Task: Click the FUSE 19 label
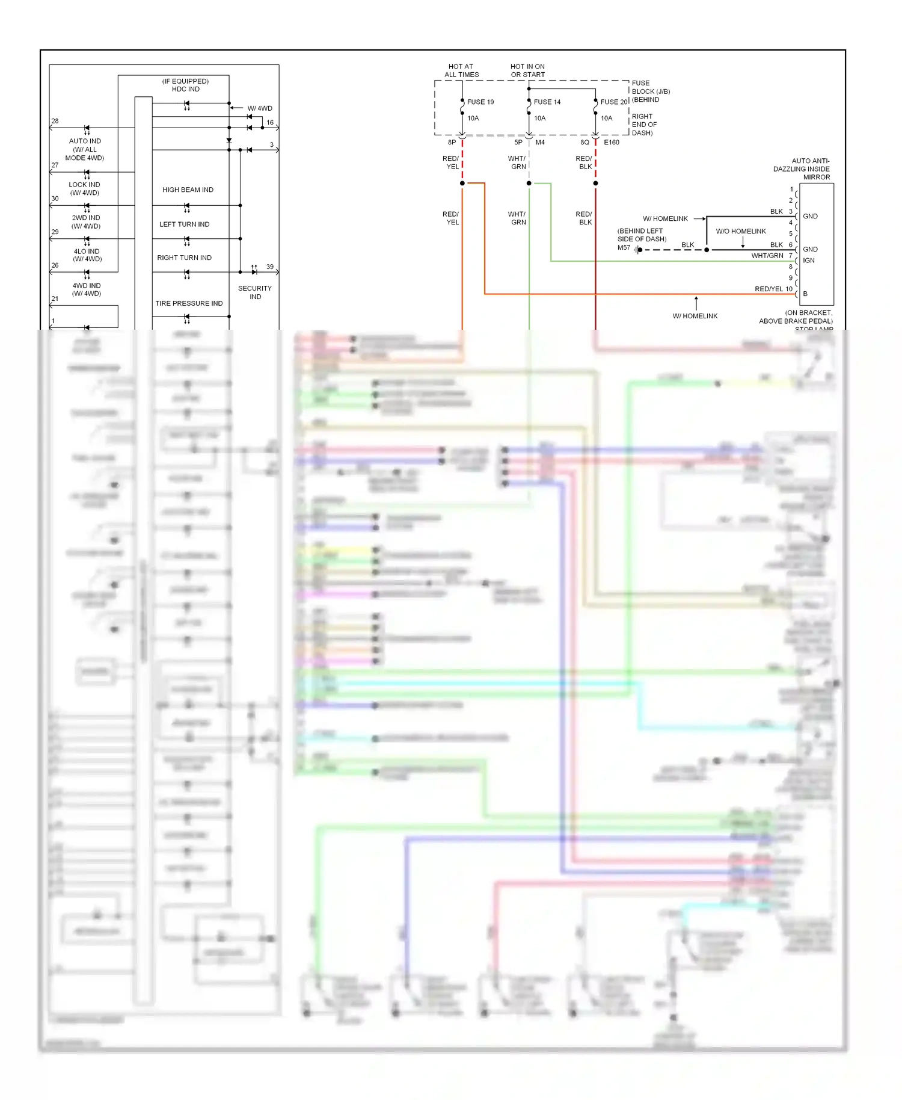480,102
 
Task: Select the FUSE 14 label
547,102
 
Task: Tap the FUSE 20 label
613,102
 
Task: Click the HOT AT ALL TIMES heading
461,71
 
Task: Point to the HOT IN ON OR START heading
527,71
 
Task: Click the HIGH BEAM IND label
188,190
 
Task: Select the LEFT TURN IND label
184,224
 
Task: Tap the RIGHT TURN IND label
184,258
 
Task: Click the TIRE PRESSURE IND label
189,304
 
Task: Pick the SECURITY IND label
255,292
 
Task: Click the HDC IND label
185,89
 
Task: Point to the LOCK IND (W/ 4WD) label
84,189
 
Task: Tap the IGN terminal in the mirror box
809,261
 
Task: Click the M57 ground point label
624,248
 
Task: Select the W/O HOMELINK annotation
740,232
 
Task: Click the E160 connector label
611,143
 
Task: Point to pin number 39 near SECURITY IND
270,267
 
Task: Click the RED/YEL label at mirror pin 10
769,289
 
